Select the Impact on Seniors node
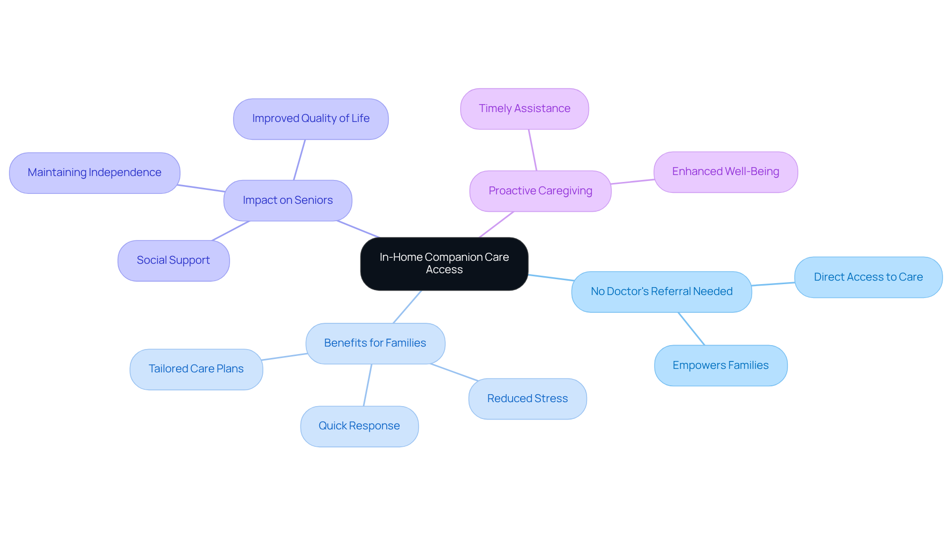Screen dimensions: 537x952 point(288,200)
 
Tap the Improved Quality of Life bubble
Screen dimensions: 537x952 point(310,119)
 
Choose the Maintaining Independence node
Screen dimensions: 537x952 point(94,173)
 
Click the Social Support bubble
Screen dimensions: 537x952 point(173,260)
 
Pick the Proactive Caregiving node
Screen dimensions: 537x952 point(540,191)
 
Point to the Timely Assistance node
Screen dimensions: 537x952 point(524,109)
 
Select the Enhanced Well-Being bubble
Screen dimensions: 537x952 point(725,172)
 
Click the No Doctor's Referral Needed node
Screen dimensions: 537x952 point(661,292)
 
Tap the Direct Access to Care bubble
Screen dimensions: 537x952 point(868,277)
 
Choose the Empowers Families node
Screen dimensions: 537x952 point(720,365)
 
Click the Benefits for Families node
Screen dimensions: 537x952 point(375,343)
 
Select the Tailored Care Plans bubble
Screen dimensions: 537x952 point(196,369)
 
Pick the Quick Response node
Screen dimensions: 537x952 point(359,426)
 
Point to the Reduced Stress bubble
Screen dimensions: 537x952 point(527,399)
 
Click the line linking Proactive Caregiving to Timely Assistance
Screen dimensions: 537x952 point(533,150)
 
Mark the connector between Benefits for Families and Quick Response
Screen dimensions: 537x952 point(367,385)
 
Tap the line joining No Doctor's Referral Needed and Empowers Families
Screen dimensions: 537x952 point(691,328)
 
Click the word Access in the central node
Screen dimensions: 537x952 point(444,270)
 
